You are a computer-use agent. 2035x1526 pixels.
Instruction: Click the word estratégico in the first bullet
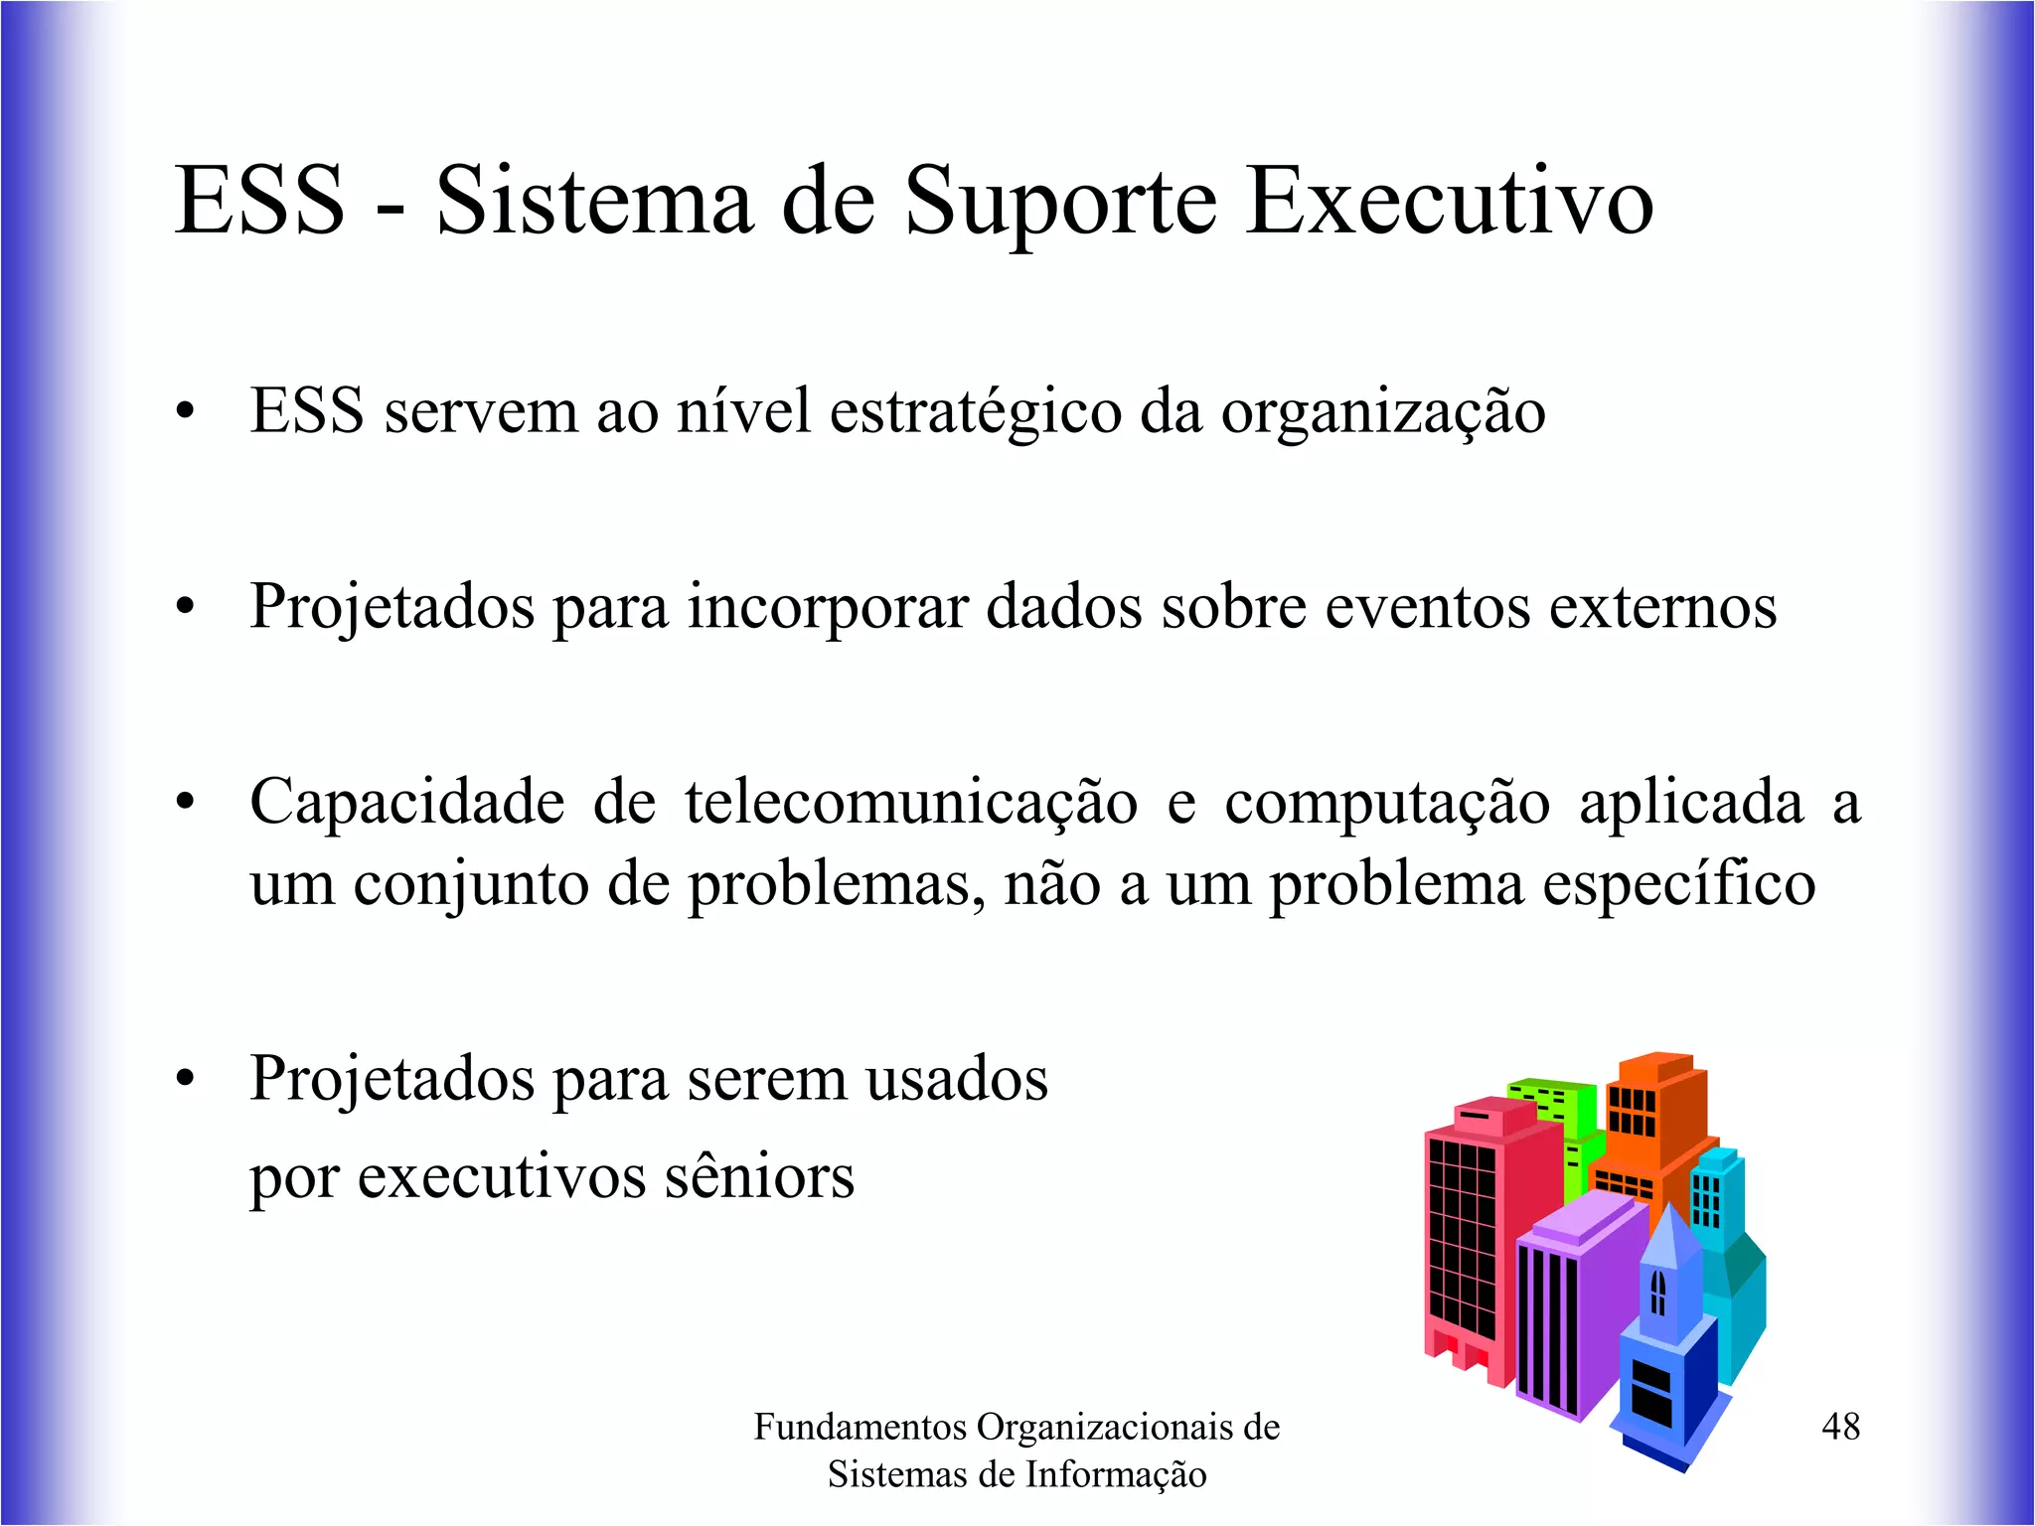tap(975, 412)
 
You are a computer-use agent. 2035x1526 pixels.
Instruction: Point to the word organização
tap(1383, 412)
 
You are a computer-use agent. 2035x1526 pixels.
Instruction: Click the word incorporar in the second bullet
tap(828, 607)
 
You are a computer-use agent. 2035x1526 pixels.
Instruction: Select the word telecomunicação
tap(911, 803)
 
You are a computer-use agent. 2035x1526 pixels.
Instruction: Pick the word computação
tap(1386, 803)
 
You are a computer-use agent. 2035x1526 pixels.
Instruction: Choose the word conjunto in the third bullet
tap(471, 884)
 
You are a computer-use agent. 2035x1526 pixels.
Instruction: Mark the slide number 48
tap(1840, 1427)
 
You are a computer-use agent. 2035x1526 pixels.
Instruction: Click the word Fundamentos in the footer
tap(860, 1427)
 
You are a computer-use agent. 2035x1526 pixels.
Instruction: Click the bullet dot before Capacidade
tap(185, 803)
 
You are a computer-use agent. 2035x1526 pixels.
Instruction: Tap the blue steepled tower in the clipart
tap(1666, 1341)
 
